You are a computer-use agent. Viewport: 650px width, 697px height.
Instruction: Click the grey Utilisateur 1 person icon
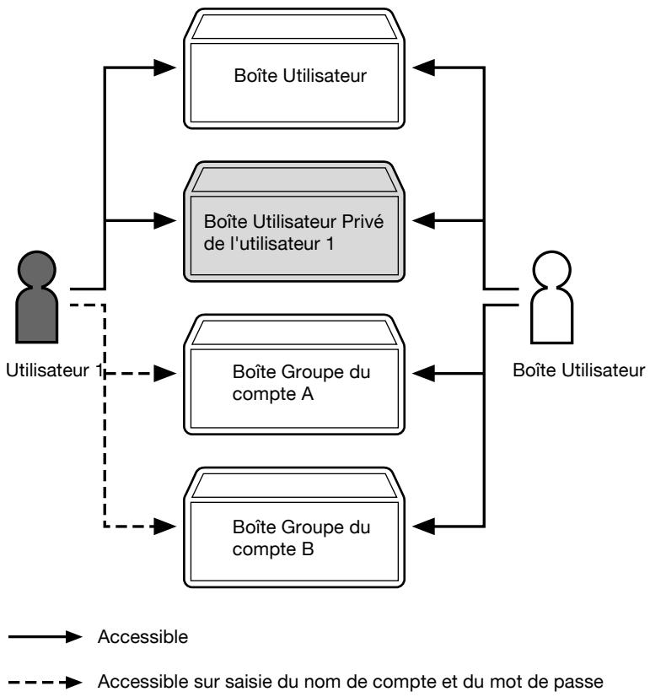pos(37,297)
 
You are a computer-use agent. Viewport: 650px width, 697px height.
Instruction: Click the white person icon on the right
pos(552,297)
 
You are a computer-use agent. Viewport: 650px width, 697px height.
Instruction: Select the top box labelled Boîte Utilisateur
pos(294,68)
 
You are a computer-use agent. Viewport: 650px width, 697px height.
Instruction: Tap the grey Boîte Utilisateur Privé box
pos(294,221)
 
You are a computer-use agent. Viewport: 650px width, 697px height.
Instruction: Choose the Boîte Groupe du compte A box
pos(294,375)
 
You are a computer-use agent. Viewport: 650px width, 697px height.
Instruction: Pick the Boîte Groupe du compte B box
pos(294,527)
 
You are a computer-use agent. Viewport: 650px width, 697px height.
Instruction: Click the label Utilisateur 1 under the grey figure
pos(54,370)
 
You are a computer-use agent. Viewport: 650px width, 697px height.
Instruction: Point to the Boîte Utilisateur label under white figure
pos(579,370)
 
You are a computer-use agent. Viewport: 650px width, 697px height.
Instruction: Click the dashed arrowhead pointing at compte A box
pos(164,373)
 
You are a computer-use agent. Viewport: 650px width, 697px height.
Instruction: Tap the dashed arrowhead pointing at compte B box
pos(164,527)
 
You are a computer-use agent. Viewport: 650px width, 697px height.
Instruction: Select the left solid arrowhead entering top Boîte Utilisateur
pos(164,68)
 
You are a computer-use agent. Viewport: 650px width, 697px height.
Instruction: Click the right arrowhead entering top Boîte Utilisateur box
pos(423,68)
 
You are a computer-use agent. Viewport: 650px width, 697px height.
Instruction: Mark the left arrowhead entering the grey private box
pos(164,220)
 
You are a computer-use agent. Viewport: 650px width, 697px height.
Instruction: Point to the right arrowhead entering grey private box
pos(423,220)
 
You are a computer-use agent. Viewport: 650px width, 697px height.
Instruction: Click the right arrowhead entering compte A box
pos(423,373)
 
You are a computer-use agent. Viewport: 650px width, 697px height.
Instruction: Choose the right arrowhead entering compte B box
pos(423,527)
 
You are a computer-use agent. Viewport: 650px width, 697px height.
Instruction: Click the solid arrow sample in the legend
pos(45,636)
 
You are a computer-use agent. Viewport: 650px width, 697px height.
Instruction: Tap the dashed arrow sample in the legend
pos(45,682)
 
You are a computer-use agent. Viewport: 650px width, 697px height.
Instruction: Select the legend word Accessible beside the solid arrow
pos(142,636)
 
